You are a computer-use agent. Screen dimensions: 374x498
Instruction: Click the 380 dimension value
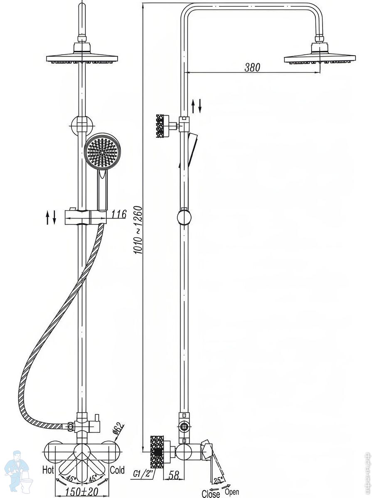coord(252,67)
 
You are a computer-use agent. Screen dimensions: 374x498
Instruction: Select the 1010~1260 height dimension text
coord(139,230)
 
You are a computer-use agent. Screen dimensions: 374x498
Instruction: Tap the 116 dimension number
coord(119,214)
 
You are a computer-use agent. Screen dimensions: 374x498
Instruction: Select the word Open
coord(232,491)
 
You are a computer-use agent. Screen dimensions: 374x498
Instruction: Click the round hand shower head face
coord(102,151)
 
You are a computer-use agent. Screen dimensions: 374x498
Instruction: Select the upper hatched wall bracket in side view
coord(162,126)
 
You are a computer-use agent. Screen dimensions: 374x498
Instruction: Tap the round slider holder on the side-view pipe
coord(184,217)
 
